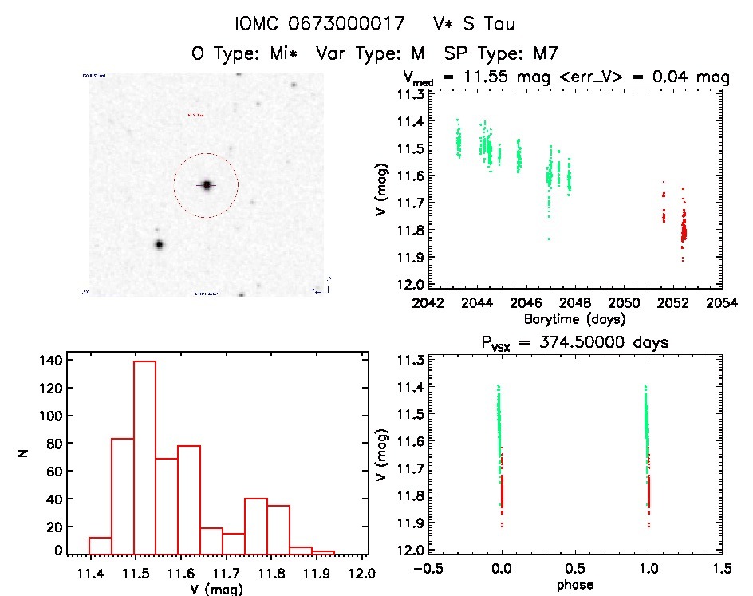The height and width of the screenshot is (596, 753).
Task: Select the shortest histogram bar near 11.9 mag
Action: tap(323, 551)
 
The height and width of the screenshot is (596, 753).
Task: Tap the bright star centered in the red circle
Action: tap(207, 185)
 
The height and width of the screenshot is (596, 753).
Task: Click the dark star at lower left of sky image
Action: tap(159, 244)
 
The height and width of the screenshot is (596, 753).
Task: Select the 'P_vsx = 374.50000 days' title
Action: tap(574, 342)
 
